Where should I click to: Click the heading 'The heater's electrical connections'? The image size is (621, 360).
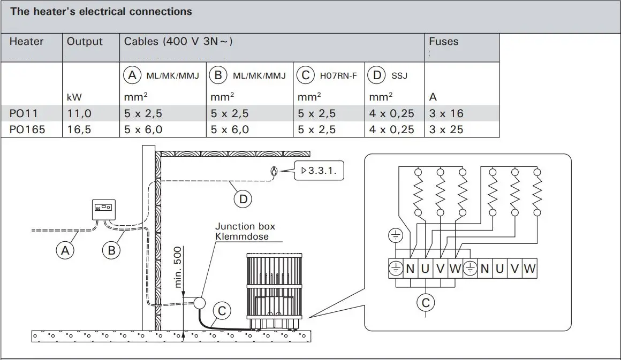pyautogui.click(x=101, y=11)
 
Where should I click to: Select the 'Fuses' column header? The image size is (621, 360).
pyautogui.click(x=443, y=42)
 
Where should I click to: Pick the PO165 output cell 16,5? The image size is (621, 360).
pyautogui.click(x=79, y=129)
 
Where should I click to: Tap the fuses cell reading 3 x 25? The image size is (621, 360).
pyautogui.click(x=446, y=129)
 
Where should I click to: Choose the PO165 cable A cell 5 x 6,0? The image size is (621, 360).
pyautogui.click(x=143, y=129)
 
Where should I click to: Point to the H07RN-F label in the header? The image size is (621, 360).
pyautogui.click(x=338, y=76)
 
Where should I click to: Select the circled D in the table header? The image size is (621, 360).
pyautogui.click(x=377, y=75)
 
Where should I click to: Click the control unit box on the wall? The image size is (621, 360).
pyautogui.click(x=104, y=208)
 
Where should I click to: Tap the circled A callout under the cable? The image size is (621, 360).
pyautogui.click(x=65, y=250)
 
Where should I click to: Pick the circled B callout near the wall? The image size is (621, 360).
pyautogui.click(x=111, y=250)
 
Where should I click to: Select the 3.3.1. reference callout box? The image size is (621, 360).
pyautogui.click(x=319, y=171)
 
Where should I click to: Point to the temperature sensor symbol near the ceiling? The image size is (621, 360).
pyautogui.click(x=274, y=171)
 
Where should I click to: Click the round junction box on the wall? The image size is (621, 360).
pyautogui.click(x=200, y=303)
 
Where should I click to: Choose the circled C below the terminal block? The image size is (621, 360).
pyautogui.click(x=426, y=303)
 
